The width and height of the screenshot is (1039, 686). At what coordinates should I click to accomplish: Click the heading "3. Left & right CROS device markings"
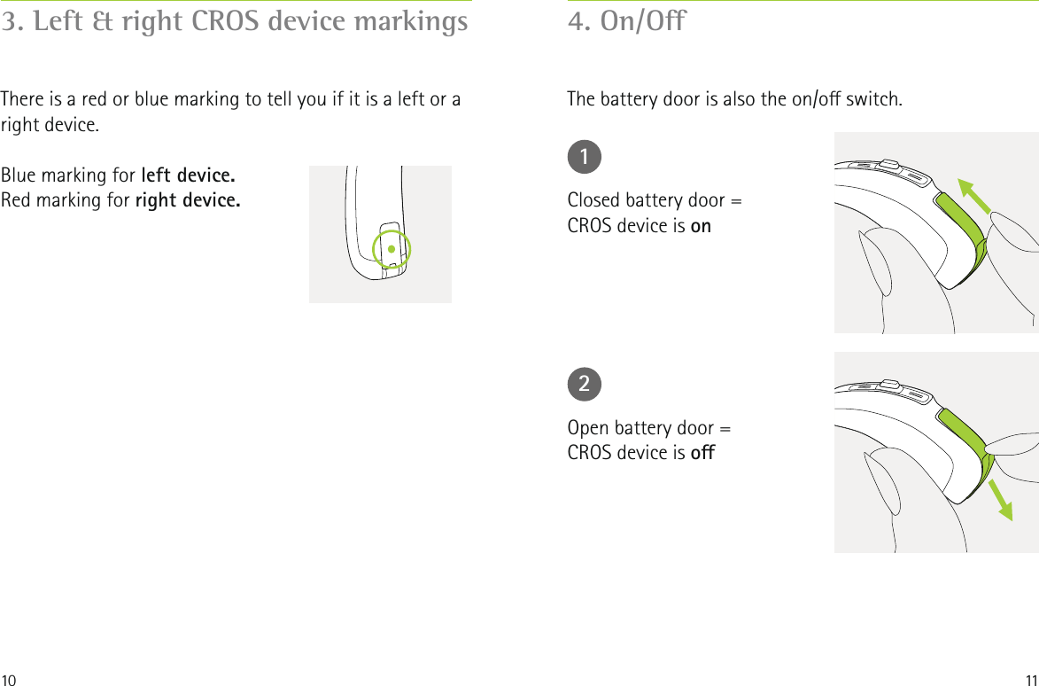click(x=235, y=21)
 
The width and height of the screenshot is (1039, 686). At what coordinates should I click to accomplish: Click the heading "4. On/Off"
click(x=626, y=21)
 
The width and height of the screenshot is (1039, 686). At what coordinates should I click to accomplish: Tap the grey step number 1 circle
click(x=585, y=157)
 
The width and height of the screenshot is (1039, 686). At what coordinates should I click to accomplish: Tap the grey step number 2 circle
click(x=585, y=384)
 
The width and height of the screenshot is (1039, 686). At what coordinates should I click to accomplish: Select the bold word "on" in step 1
click(x=701, y=226)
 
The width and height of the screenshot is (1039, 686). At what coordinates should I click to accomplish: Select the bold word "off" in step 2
click(x=702, y=453)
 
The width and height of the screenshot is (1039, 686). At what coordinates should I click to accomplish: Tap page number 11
click(x=1029, y=679)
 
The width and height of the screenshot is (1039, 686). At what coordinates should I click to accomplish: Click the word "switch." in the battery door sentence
click(x=875, y=97)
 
